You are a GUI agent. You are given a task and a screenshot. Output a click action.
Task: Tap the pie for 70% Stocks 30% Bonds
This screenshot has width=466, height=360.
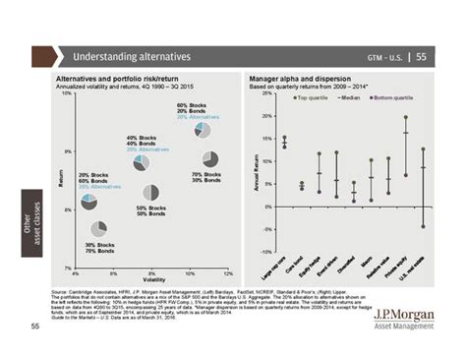[209, 158]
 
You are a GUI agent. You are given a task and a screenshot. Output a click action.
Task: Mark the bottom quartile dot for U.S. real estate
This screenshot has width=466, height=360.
[423, 226]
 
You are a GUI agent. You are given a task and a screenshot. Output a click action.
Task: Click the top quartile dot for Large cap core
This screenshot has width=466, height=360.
[284, 137]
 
